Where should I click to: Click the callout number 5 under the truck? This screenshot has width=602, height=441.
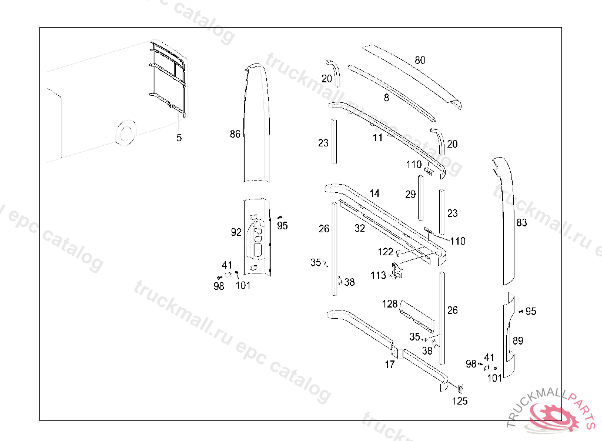(179, 138)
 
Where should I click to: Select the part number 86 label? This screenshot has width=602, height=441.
(235, 133)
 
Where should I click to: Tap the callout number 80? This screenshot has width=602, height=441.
(420, 61)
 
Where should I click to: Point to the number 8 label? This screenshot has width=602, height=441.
(387, 98)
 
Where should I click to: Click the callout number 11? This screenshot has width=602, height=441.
(378, 138)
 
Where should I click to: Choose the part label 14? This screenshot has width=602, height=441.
(374, 193)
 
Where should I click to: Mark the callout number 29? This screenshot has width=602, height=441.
(410, 195)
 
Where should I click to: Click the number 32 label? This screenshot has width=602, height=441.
(360, 228)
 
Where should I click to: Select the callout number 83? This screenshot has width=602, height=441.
(521, 222)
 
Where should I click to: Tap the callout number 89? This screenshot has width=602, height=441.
(518, 340)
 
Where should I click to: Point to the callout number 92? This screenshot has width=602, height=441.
(236, 232)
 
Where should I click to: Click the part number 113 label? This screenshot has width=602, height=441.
(378, 275)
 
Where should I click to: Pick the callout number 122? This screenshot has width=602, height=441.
(386, 252)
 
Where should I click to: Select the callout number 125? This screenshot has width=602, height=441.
(460, 401)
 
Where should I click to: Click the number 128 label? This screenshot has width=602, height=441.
(390, 304)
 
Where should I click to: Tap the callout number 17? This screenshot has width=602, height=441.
(390, 364)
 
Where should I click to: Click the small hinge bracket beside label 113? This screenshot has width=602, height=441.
(397, 270)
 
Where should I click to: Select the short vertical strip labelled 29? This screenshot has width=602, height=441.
(421, 198)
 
